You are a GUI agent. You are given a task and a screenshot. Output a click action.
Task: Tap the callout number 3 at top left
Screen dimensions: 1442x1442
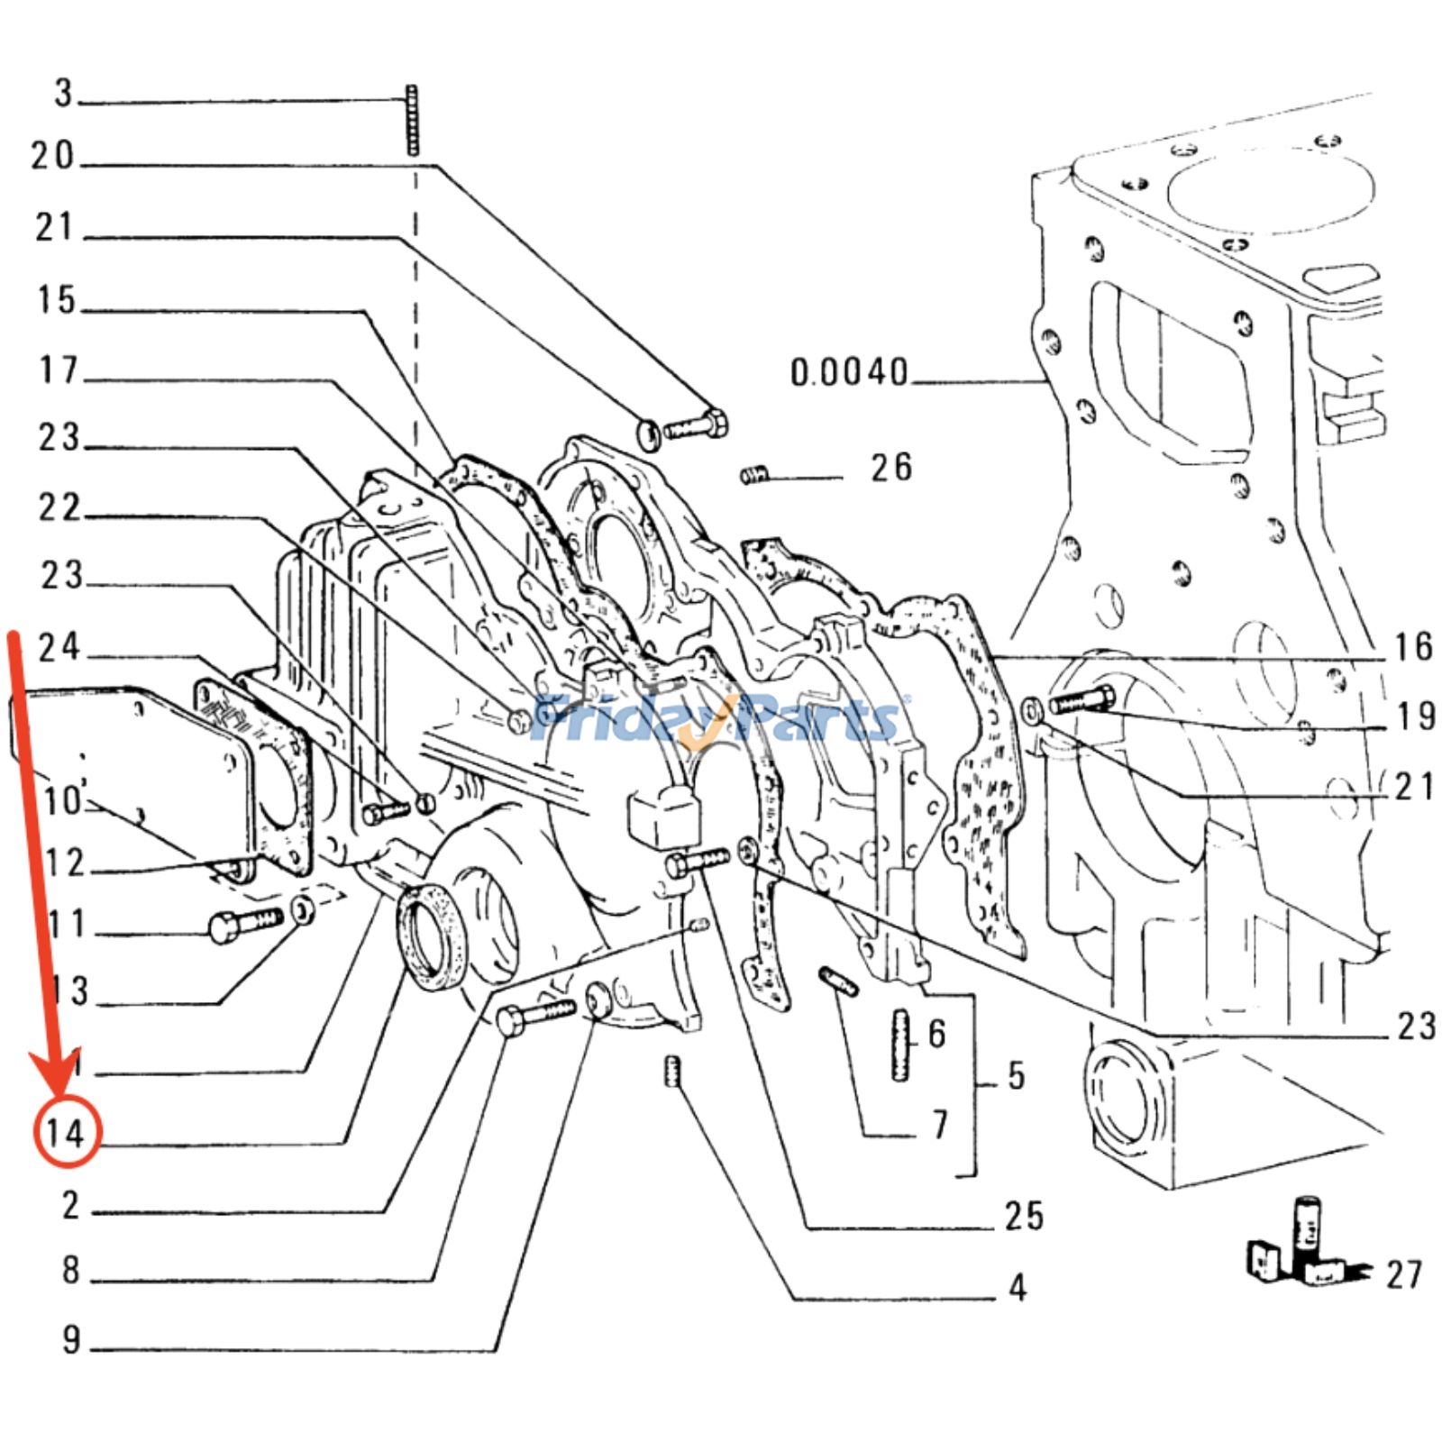pyautogui.click(x=63, y=93)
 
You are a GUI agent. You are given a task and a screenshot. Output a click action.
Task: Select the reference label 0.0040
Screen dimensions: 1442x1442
pyautogui.click(x=849, y=372)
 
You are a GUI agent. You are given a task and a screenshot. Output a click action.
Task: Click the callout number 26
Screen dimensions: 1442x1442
pyautogui.click(x=890, y=467)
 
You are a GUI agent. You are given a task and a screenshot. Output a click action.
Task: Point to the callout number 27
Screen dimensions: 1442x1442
pyautogui.click(x=1403, y=1274)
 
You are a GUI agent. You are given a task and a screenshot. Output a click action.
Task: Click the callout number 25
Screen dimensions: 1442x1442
pyautogui.click(x=1024, y=1216)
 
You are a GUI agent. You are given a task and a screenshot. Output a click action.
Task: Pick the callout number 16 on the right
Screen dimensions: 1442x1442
pyautogui.click(x=1412, y=646)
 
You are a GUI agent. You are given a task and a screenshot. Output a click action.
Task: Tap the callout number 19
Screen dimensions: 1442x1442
pyautogui.click(x=1414, y=716)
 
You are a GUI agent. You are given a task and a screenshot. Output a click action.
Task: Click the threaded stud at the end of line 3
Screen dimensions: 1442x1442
pyautogui.click(x=413, y=121)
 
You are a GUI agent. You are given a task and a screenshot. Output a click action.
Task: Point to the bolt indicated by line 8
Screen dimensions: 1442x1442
pyautogui.click(x=534, y=1017)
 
